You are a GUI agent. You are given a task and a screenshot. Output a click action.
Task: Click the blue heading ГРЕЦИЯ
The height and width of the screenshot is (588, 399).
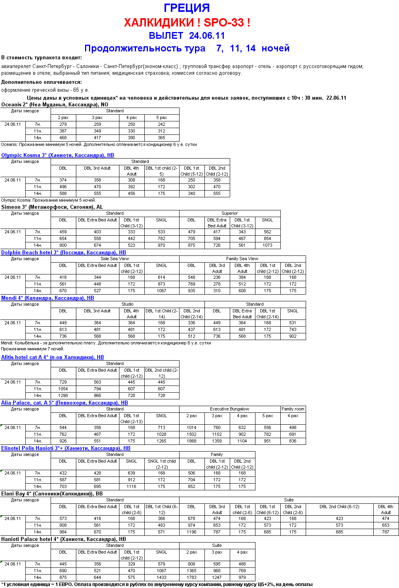point(187,8)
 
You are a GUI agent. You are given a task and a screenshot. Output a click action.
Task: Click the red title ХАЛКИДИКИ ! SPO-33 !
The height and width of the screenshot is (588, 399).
point(187,23)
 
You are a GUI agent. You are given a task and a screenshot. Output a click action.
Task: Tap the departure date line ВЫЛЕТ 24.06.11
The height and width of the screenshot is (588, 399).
point(187,36)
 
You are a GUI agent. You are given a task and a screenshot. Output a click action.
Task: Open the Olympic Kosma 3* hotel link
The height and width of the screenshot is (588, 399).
point(58,155)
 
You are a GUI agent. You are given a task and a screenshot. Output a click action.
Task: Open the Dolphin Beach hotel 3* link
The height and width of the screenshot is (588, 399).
point(63,252)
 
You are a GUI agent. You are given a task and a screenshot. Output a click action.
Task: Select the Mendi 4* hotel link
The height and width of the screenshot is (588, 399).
point(47,298)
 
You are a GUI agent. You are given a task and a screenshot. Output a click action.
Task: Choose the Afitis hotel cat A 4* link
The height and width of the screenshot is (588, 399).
point(52,357)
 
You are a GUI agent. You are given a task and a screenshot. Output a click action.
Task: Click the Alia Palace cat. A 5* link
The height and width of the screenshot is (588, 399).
point(64,403)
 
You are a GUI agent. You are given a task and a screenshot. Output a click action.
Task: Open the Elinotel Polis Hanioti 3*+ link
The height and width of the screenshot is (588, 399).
point(66,448)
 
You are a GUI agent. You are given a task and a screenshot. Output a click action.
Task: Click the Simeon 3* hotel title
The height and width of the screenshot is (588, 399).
point(52,207)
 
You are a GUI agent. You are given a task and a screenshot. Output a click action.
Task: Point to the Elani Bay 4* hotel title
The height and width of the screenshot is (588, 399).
point(52,493)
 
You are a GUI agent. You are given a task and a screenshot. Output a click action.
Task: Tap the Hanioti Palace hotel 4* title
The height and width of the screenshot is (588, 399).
point(63,539)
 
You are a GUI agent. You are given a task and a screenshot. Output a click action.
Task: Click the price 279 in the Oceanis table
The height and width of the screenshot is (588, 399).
point(63,124)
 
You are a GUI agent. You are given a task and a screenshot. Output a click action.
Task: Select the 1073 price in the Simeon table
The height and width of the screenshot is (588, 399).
point(267,245)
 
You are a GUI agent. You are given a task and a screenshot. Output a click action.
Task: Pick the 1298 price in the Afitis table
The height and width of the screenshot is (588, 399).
point(63,395)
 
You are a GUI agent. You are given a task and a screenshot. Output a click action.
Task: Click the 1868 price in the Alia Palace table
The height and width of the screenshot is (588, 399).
point(191,441)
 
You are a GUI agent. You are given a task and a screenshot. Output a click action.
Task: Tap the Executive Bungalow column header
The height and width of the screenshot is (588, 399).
point(229,409)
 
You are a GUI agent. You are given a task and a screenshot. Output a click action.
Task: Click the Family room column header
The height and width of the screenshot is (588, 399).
point(293,409)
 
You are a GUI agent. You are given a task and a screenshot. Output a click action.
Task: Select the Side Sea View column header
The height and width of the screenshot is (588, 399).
point(115,259)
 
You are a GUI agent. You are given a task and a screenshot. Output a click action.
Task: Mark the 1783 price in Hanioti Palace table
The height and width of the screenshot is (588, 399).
point(191,577)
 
